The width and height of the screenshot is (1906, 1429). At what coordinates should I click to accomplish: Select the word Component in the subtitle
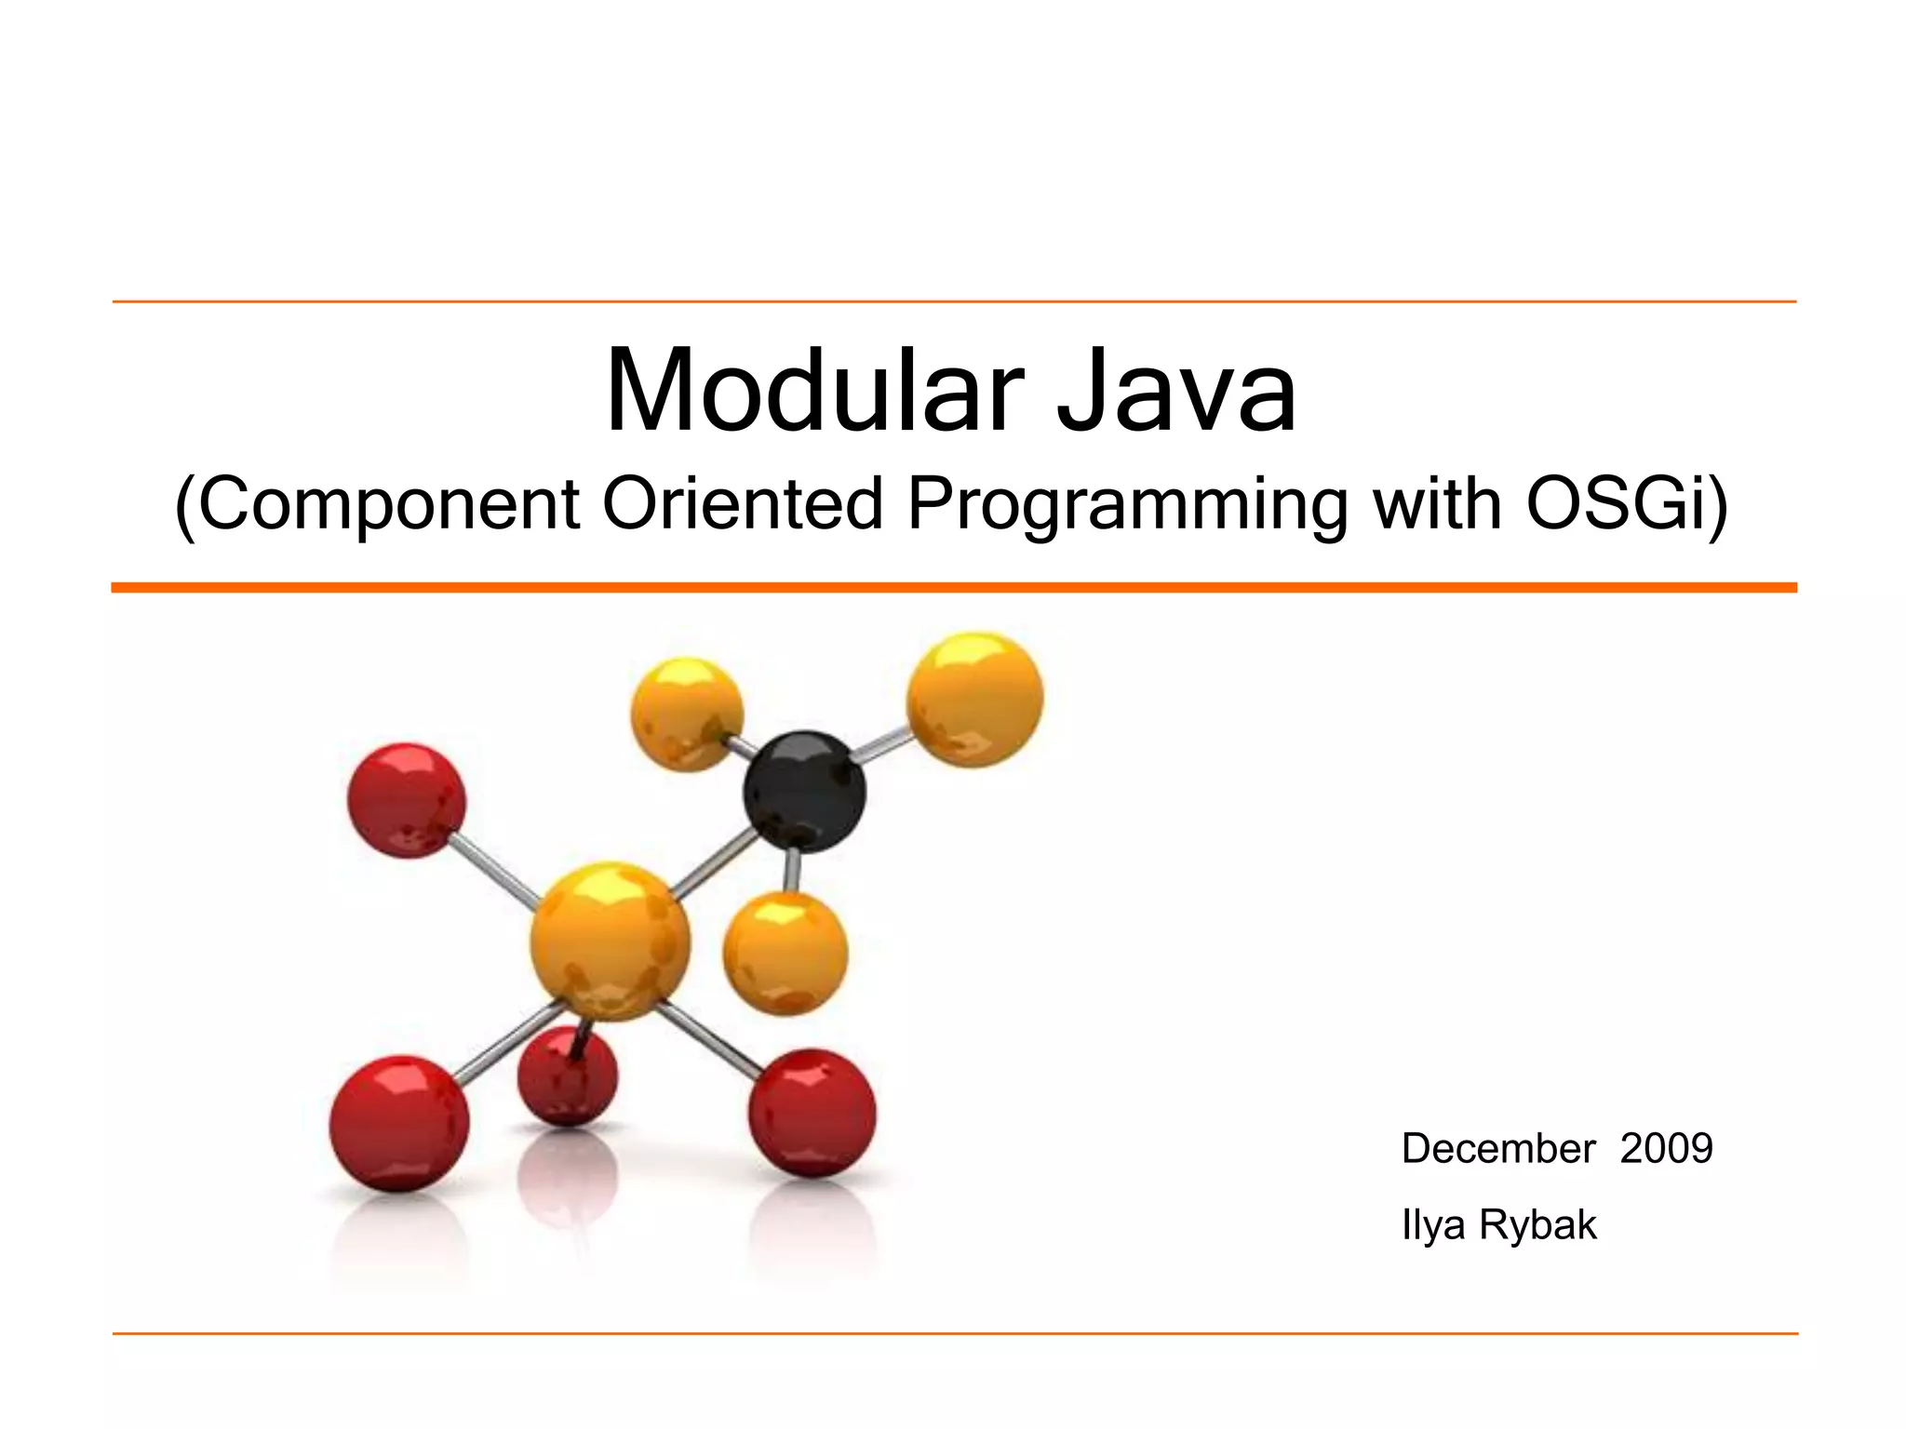[x=389, y=504]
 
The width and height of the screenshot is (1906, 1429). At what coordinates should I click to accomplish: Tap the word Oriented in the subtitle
[x=743, y=504]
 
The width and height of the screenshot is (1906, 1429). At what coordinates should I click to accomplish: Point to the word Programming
[x=1127, y=504]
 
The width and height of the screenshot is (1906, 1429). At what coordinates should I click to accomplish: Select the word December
[x=1498, y=1148]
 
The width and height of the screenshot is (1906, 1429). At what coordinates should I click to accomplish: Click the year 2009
[x=1666, y=1148]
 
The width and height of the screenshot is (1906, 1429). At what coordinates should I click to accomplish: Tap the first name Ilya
[x=1433, y=1225]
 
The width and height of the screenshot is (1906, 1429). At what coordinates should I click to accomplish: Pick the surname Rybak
[x=1537, y=1225]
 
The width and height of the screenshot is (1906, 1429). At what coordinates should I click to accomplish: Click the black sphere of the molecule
[x=804, y=792]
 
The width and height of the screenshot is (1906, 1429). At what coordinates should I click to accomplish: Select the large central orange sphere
[x=611, y=941]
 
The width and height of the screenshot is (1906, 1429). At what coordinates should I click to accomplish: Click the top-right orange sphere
[x=974, y=699]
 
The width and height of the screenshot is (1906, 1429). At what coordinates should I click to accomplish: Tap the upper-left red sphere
[x=406, y=799]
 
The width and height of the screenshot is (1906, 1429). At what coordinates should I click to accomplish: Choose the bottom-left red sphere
[x=399, y=1123]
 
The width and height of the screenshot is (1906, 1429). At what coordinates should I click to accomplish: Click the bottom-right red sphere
[x=812, y=1112]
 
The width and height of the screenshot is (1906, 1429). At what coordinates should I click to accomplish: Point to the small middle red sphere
[x=567, y=1076]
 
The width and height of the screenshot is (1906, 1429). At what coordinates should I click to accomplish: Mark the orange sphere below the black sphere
[x=785, y=953]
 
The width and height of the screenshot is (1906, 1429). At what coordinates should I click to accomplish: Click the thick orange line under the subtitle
[x=953, y=587]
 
